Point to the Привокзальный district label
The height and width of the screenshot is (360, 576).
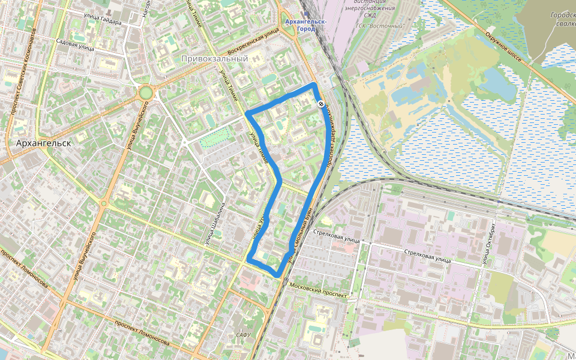214,59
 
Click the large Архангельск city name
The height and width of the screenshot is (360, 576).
43,143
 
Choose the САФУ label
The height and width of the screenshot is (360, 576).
243,335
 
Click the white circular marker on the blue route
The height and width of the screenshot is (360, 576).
322,104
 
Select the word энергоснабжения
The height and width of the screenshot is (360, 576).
370,9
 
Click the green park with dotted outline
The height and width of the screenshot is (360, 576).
215,136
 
